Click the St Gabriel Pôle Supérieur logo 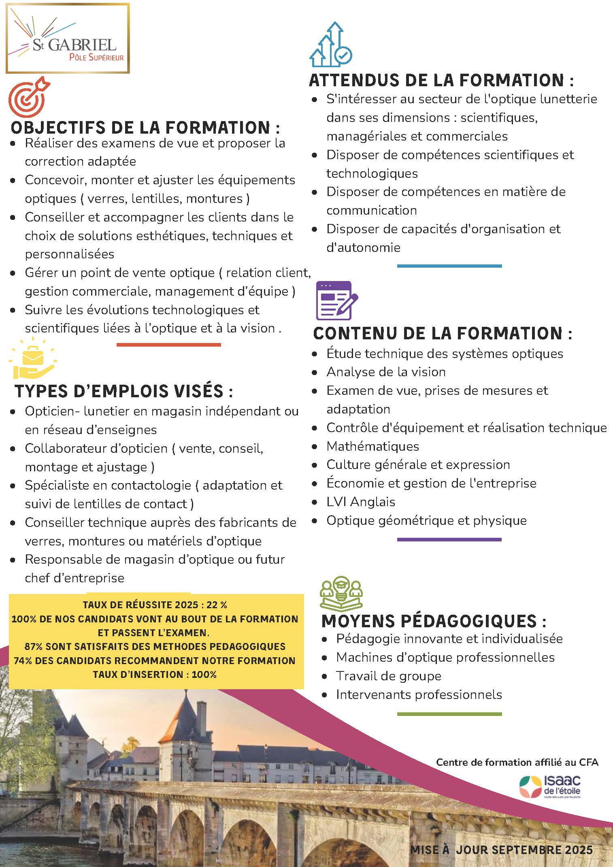click(67, 38)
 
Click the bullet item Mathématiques click(372, 446)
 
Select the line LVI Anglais click(361, 502)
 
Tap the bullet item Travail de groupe click(388, 676)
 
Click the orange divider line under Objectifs click(168, 345)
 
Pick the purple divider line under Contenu click(449, 539)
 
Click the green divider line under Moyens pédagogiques click(449, 714)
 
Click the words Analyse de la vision click(386, 372)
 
